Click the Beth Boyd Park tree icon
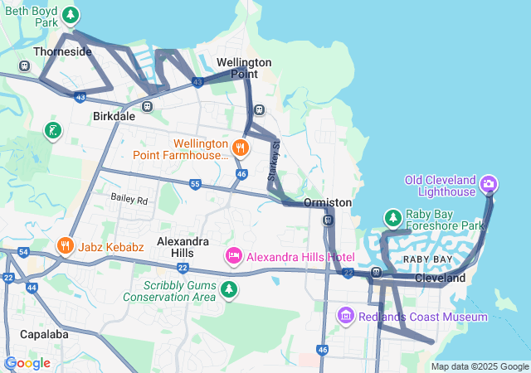tap(71, 15)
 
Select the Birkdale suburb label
tap(114, 117)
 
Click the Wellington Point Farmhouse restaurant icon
tap(241, 148)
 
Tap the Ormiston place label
tap(328, 202)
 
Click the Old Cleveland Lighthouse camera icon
tap(490, 182)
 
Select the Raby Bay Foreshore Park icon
tap(392, 218)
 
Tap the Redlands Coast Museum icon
tap(346, 317)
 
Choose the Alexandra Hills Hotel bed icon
tap(234, 256)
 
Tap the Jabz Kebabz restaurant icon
tap(65, 246)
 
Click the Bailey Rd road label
tap(129, 200)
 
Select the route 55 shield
tap(195, 184)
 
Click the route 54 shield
tap(23, 251)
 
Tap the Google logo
tap(27, 363)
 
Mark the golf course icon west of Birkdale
tap(53, 130)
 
